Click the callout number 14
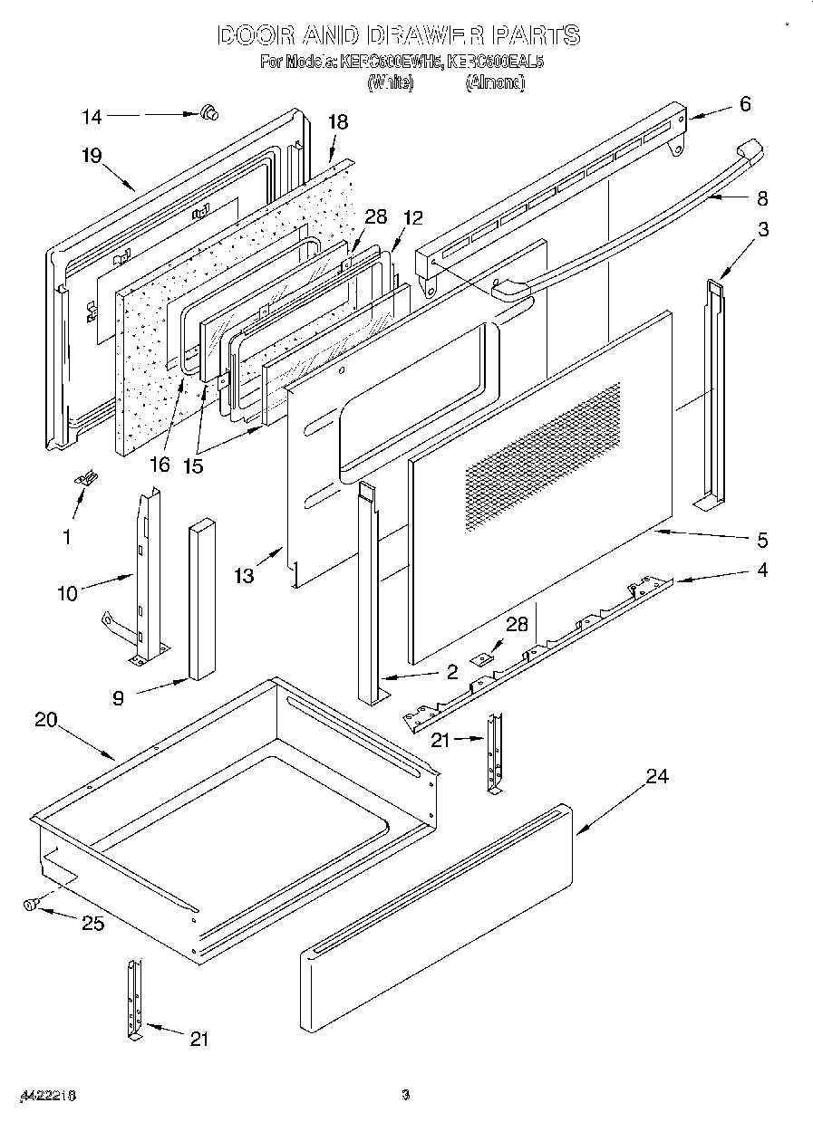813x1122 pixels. pos(92,116)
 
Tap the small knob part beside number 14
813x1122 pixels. pos(210,113)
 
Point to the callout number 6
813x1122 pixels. pos(745,104)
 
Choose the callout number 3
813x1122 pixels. pos(763,229)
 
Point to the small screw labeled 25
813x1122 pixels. pos(33,903)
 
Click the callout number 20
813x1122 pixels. pos(45,721)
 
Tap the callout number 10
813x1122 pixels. pos(67,593)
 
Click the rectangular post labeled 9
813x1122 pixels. pos(202,598)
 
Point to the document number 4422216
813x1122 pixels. pos(46,1095)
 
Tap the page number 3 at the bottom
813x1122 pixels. pos(406,1095)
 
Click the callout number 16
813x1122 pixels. pos(160,465)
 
